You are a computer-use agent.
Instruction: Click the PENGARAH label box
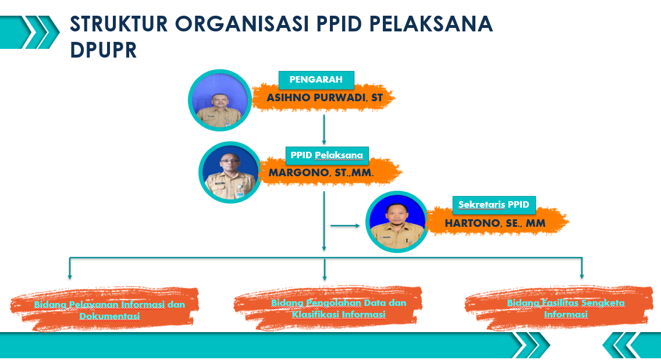tap(316, 80)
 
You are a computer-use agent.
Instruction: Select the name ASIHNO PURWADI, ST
tap(325, 98)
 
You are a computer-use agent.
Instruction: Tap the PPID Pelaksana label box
tap(327, 155)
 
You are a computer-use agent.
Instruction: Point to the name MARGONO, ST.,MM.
tap(321, 172)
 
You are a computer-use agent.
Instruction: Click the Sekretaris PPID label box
tap(494, 205)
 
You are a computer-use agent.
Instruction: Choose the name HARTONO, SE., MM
tap(495, 223)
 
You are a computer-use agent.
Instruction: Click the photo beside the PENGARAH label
tap(219, 101)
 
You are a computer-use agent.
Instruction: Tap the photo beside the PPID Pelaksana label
tap(230, 172)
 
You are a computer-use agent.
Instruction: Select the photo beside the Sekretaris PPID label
tap(397, 222)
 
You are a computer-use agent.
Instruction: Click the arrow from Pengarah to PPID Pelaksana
tap(324, 130)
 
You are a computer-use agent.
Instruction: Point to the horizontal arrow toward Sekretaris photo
tap(345, 226)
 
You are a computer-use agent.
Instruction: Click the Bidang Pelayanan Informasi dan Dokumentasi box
tap(105, 309)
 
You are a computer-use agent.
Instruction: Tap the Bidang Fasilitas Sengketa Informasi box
tap(559, 308)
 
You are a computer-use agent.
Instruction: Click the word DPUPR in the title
tap(104, 50)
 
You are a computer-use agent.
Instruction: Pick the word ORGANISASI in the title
tap(241, 24)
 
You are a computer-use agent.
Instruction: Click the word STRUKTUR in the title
tap(119, 24)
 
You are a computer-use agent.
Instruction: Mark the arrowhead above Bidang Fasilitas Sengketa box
tap(582, 276)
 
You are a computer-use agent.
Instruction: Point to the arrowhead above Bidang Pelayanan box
tap(70, 276)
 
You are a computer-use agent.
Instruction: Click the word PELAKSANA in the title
tap(431, 24)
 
